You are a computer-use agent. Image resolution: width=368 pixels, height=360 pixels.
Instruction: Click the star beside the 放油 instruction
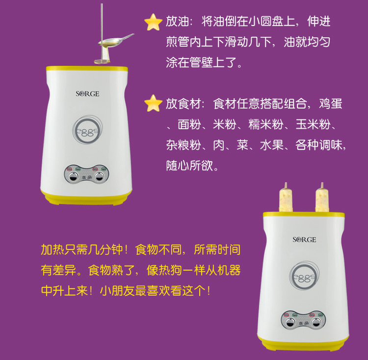(x=153, y=23)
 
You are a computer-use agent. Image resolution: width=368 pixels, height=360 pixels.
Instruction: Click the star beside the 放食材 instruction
(x=153, y=104)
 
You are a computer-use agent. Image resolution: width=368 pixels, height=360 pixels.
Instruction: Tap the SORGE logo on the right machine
(x=304, y=240)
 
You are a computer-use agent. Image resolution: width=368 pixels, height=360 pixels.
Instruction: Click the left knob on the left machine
(x=74, y=175)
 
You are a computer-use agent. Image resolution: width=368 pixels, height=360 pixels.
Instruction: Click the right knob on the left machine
(x=101, y=175)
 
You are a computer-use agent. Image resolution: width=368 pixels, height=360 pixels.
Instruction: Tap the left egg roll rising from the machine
(x=284, y=199)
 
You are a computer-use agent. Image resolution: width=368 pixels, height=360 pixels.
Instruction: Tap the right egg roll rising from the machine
(x=322, y=199)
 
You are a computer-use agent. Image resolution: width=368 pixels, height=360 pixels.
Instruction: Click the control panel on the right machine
(x=305, y=320)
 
